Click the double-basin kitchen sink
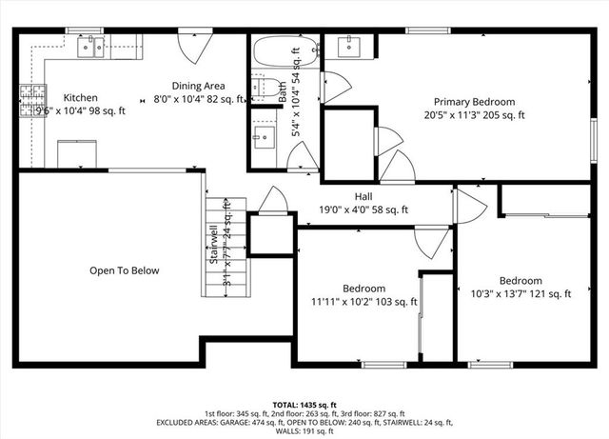click(91, 48)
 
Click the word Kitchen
click(80, 98)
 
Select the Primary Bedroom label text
click(474, 102)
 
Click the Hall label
click(363, 196)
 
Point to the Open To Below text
click(124, 270)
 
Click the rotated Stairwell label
click(215, 246)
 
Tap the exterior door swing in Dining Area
click(194, 45)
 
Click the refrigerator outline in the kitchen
click(76, 152)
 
